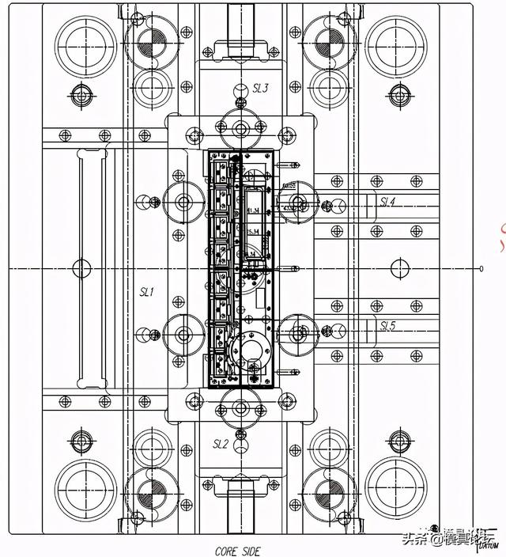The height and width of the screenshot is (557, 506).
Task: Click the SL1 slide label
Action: click(147, 292)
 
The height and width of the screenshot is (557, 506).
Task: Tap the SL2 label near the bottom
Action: click(221, 444)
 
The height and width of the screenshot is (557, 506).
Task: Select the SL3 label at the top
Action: click(260, 88)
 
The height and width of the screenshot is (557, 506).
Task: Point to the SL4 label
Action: click(387, 203)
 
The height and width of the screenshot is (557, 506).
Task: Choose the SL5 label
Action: click(387, 326)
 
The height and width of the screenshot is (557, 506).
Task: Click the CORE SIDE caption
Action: click(237, 551)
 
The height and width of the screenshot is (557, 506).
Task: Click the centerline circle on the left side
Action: click(81, 268)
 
